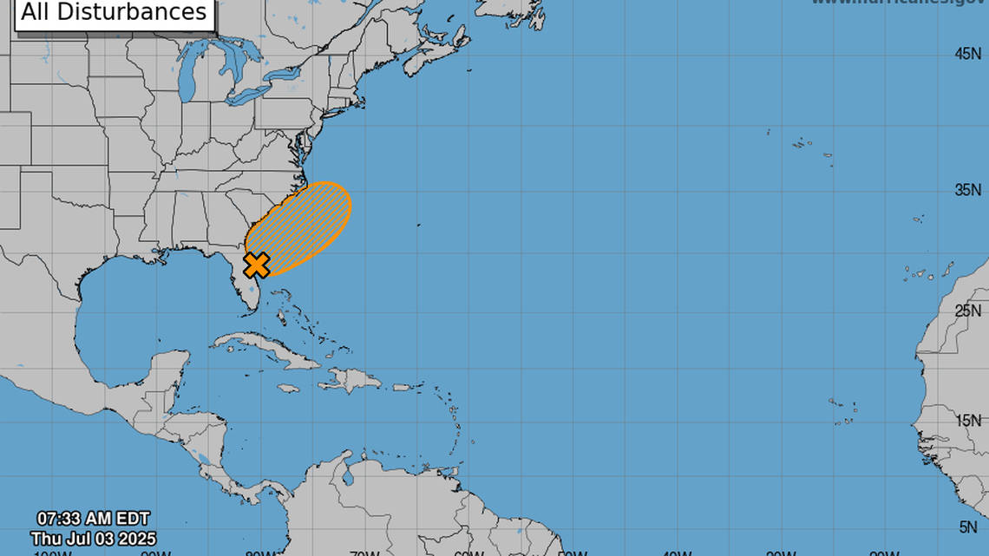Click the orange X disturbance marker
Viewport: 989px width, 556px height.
point(257,265)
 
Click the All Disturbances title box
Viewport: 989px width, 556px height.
point(115,12)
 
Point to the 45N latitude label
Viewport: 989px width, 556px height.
point(967,54)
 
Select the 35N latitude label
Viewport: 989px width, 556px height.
point(967,190)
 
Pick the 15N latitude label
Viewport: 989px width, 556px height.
point(967,421)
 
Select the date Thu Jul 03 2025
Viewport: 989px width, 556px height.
point(93,539)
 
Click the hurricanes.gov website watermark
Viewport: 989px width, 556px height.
point(898,3)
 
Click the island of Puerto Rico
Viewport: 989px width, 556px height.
point(401,388)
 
